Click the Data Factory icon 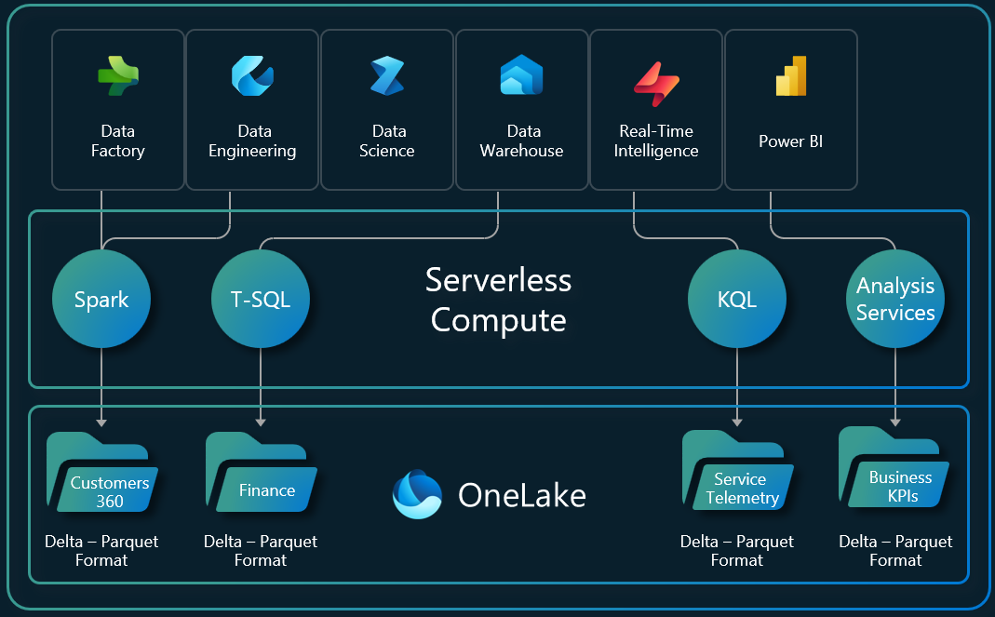[118, 76]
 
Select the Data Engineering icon [252, 76]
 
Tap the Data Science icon [386, 76]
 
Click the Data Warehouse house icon [521, 75]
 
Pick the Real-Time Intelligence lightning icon [656, 78]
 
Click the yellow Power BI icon [790, 75]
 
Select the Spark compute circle [101, 300]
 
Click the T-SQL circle [261, 300]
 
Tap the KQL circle [737, 300]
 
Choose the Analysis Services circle [895, 300]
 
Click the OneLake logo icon [416, 494]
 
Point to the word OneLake [522, 495]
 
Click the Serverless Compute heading [498, 300]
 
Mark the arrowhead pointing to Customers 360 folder [101, 423]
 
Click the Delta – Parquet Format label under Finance [261, 551]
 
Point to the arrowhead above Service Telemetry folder [737, 423]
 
